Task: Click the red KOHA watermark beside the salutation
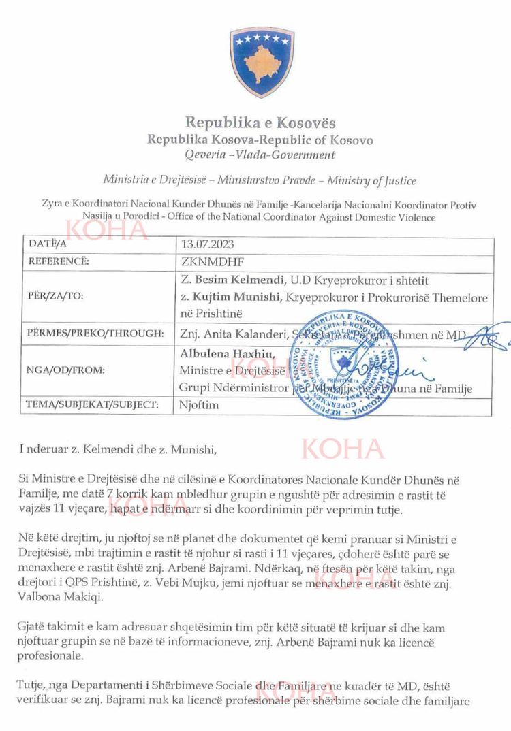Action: click(x=342, y=449)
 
